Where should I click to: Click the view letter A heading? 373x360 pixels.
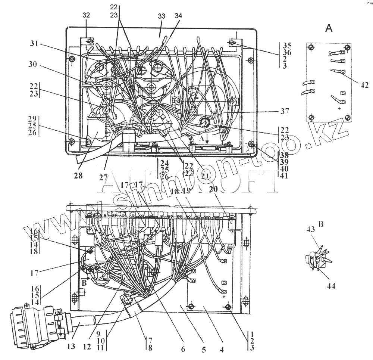coord(329,28)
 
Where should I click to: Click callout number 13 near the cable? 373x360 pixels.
coord(71,347)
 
